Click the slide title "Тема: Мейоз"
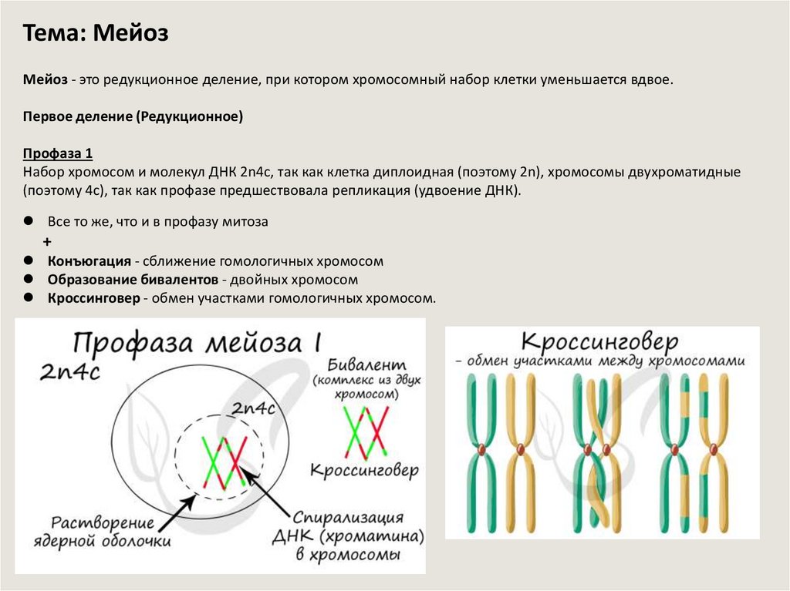pos(96,34)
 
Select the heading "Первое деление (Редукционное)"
pos(133,117)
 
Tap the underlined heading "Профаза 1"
pos(58,152)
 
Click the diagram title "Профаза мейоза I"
pos(197,342)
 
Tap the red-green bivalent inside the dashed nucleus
pos(225,461)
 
